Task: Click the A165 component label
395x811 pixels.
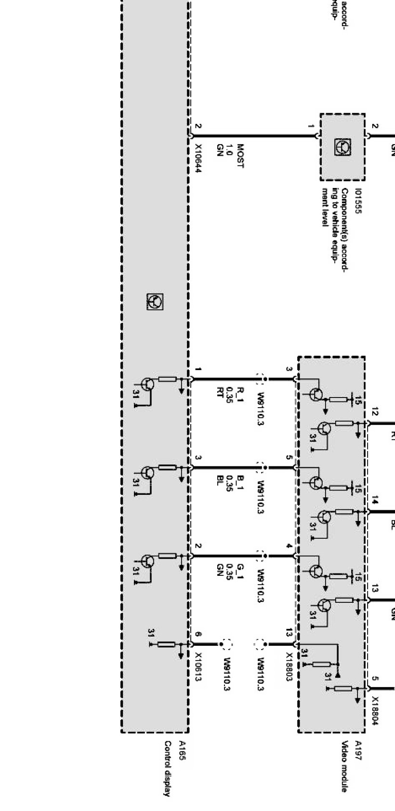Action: coord(182,751)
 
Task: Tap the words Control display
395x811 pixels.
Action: coord(167,769)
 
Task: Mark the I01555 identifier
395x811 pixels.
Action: coord(358,200)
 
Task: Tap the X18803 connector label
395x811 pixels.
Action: coord(289,667)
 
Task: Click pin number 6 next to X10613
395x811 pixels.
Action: coord(198,635)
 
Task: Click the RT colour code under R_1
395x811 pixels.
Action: coord(220,390)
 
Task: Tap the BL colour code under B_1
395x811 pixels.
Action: coord(220,479)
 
